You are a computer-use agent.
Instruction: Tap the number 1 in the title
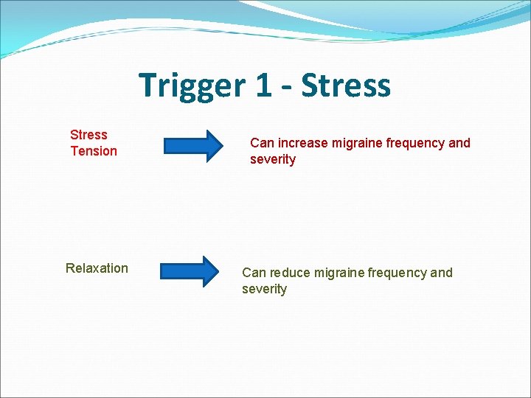click(x=264, y=85)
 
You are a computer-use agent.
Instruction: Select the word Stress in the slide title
click(x=346, y=85)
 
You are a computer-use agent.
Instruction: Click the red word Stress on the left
click(x=88, y=135)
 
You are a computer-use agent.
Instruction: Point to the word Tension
click(x=94, y=151)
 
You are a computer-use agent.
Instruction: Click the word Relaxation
click(x=97, y=268)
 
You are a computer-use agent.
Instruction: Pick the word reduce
click(x=290, y=273)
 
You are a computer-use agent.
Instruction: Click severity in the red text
click(x=273, y=160)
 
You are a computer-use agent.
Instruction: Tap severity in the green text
click(x=264, y=289)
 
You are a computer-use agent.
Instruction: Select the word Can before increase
click(x=261, y=143)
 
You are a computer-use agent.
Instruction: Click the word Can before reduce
click(x=253, y=273)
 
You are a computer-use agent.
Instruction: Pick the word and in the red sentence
click(x=459, y=143)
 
